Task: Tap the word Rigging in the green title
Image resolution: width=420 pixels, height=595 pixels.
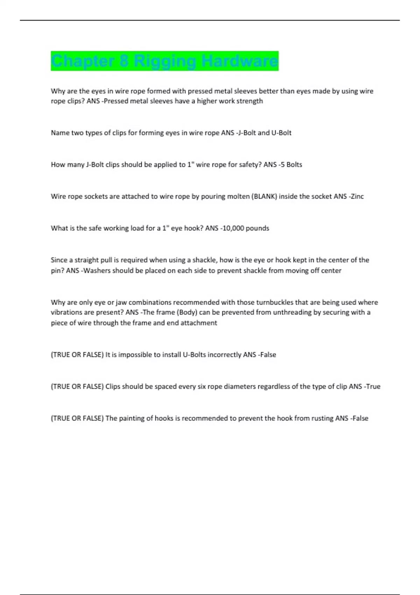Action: pos(165,61)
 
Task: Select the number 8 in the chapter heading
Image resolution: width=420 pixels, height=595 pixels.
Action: pos(124,61)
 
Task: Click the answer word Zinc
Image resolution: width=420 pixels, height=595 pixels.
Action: pos(357,196)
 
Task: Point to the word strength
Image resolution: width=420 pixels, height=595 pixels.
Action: pos(250,101)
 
